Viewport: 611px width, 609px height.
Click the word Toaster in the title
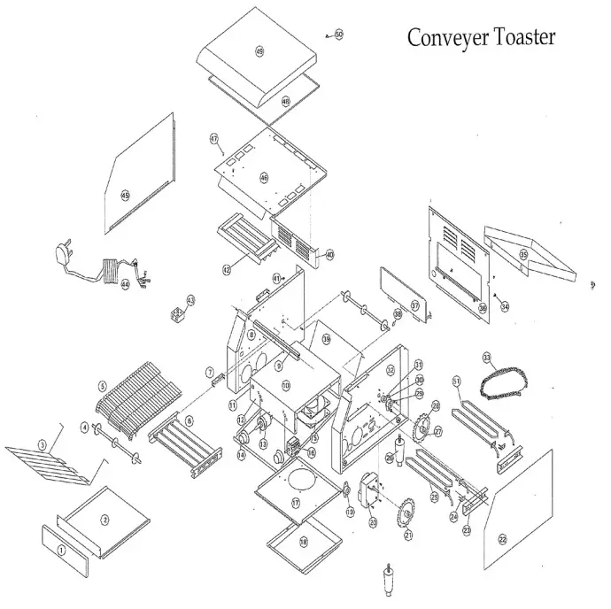pyautogui.click(x=520, y=37)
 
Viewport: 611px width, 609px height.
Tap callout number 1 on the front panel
pyautogui.click(x=61, y=550)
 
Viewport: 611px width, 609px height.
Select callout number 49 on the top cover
pyautogui.click(x=259, y=52)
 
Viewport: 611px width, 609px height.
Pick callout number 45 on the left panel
pyautogui.click(x=125, y=195)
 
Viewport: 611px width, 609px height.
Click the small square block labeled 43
pyautogui.click(x=176, y=312)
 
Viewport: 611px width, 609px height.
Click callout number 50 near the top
pyautogui.click(x=338, y=34)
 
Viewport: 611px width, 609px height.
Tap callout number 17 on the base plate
pyautogui.click(x=297, y=502)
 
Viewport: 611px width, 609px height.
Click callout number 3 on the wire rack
pyautogui.click(x=41, y=443)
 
